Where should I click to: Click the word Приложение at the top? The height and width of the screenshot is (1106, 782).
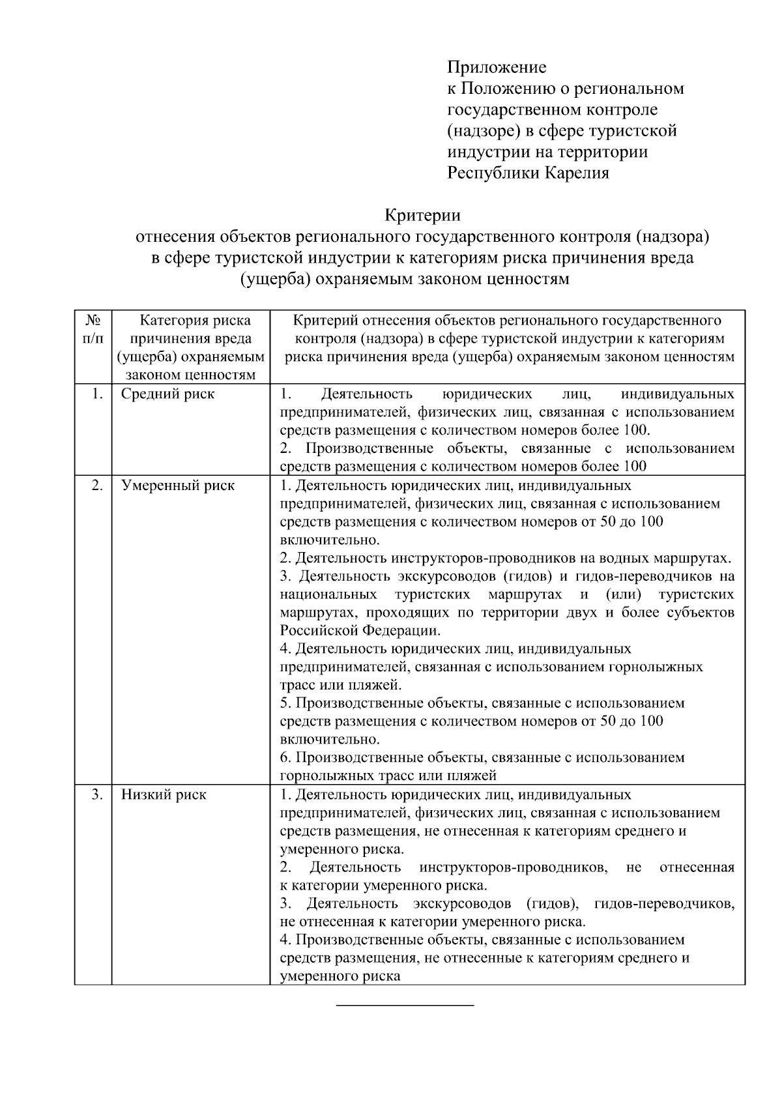click(x=496, y=67)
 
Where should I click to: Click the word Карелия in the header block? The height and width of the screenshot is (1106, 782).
click(x=577, y=173)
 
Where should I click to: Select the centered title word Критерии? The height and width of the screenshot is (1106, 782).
click(x=422, y=215)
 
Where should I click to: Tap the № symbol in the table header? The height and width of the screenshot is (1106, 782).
click(x=93, y=321)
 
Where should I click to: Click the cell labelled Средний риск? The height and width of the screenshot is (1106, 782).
click(x=168, y=394)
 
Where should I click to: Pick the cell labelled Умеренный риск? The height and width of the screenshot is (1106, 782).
click(x=178, y=486)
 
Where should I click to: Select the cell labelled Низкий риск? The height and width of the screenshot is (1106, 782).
click(x=164, y=795)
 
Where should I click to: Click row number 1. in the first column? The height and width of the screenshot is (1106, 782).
click(x=97, y=394)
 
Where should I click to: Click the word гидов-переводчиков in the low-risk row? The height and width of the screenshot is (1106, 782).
click(x=664, y=904)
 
